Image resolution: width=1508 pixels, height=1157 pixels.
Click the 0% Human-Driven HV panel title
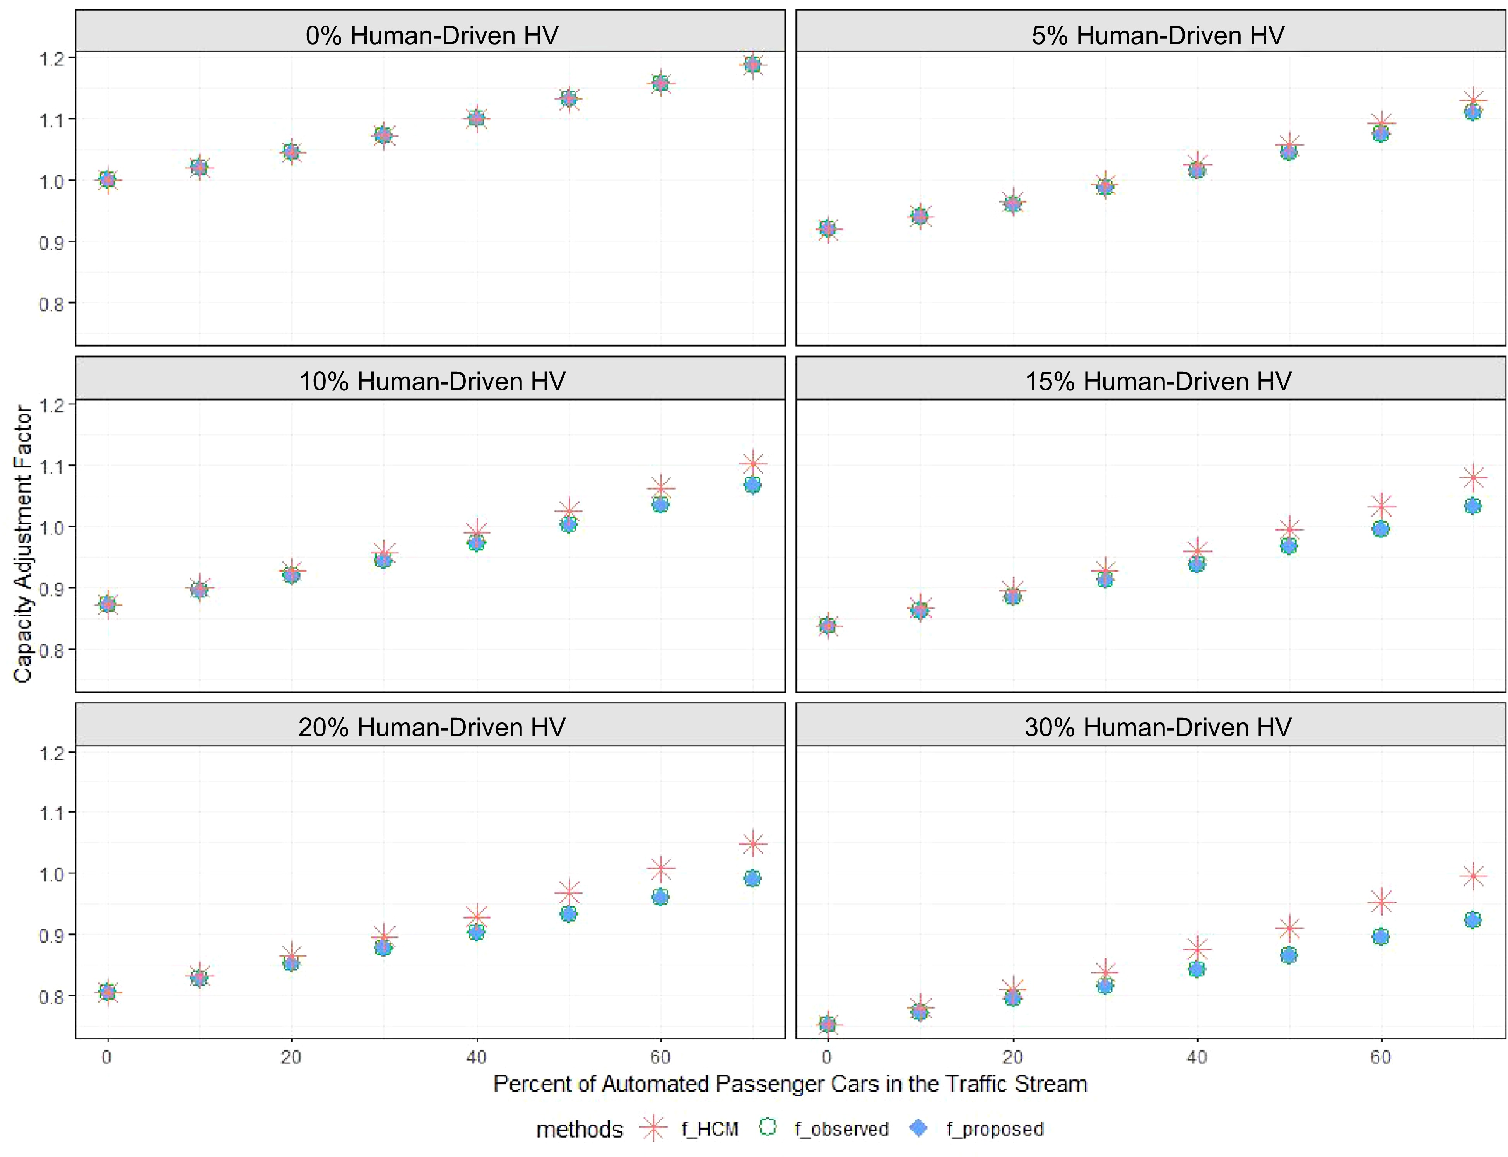(432, 35)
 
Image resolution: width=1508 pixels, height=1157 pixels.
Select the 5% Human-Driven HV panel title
(1158, 35)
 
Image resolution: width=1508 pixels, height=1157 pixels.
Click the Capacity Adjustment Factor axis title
(23, 544)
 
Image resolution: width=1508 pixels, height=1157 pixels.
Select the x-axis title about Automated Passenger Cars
(790, 1084)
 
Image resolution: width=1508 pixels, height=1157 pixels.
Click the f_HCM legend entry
(709, 1130)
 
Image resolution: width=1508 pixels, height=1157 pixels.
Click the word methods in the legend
(579, 1130)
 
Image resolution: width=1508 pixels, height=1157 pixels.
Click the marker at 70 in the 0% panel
(752, 65)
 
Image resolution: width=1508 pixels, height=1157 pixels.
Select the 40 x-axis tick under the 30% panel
(1197, 1057)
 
